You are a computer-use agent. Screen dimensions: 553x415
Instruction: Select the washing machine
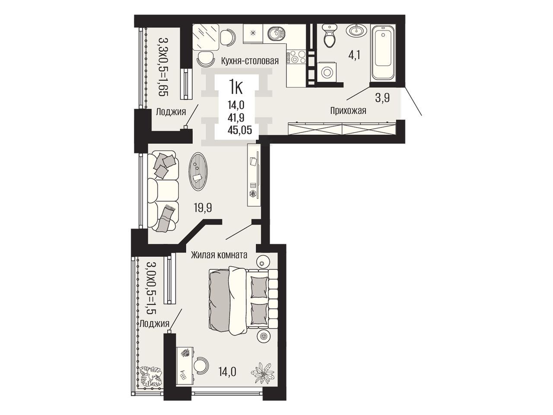(x=327, y=73)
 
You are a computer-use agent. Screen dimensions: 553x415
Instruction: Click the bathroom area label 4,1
(x=354, y=54)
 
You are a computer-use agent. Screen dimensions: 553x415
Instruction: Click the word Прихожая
(x=348, y=110)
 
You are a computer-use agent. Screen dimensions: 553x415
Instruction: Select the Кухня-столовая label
(x=250, y=61)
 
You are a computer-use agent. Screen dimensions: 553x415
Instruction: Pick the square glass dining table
(x=206, y=37)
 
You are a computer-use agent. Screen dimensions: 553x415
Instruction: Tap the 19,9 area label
(x=203, y=207)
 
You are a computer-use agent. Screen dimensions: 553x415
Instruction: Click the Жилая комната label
(x=219, y=255)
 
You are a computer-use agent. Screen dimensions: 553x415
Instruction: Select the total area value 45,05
(x=240, y=130)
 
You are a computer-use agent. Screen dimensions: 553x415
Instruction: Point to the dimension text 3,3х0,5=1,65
(x=163, y=67)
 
